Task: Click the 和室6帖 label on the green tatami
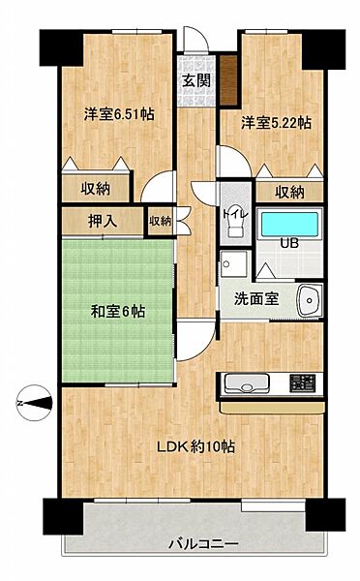coord(119,312)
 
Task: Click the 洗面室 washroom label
coord(256,298)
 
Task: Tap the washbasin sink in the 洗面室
coord(308,299)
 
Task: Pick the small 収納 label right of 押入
coord(161,222)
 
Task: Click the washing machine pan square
coord(233,264)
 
